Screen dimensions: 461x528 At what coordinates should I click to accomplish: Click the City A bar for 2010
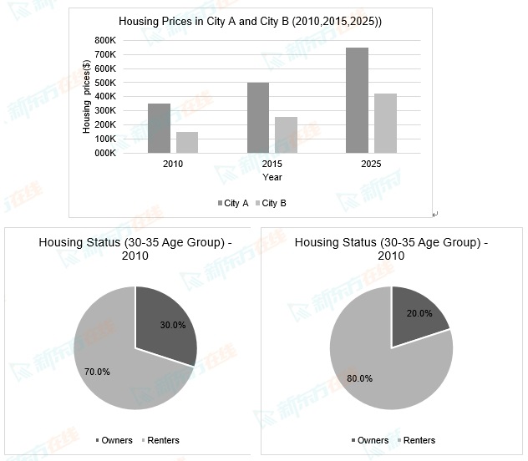(159, 129)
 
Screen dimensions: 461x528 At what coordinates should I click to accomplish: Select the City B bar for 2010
(187, 143)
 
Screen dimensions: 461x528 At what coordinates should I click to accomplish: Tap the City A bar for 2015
(258, 118)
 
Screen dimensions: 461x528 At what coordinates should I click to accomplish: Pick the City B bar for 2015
(286, 135)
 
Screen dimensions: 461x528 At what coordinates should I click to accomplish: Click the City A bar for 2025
(357, 100)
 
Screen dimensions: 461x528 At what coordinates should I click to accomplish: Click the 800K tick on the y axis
(104, 40)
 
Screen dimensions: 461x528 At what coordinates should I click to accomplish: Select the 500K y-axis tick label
(104, 83)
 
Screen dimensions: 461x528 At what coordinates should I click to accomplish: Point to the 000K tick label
(104, 153)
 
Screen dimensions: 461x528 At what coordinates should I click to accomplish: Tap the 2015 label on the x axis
(272, 165)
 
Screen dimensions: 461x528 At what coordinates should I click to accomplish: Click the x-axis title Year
(272, 177)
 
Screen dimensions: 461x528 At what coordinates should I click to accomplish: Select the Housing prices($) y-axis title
(87, 101)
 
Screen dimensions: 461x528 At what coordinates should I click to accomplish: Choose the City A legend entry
(233, 203)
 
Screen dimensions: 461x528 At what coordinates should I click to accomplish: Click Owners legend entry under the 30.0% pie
(115, 440)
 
